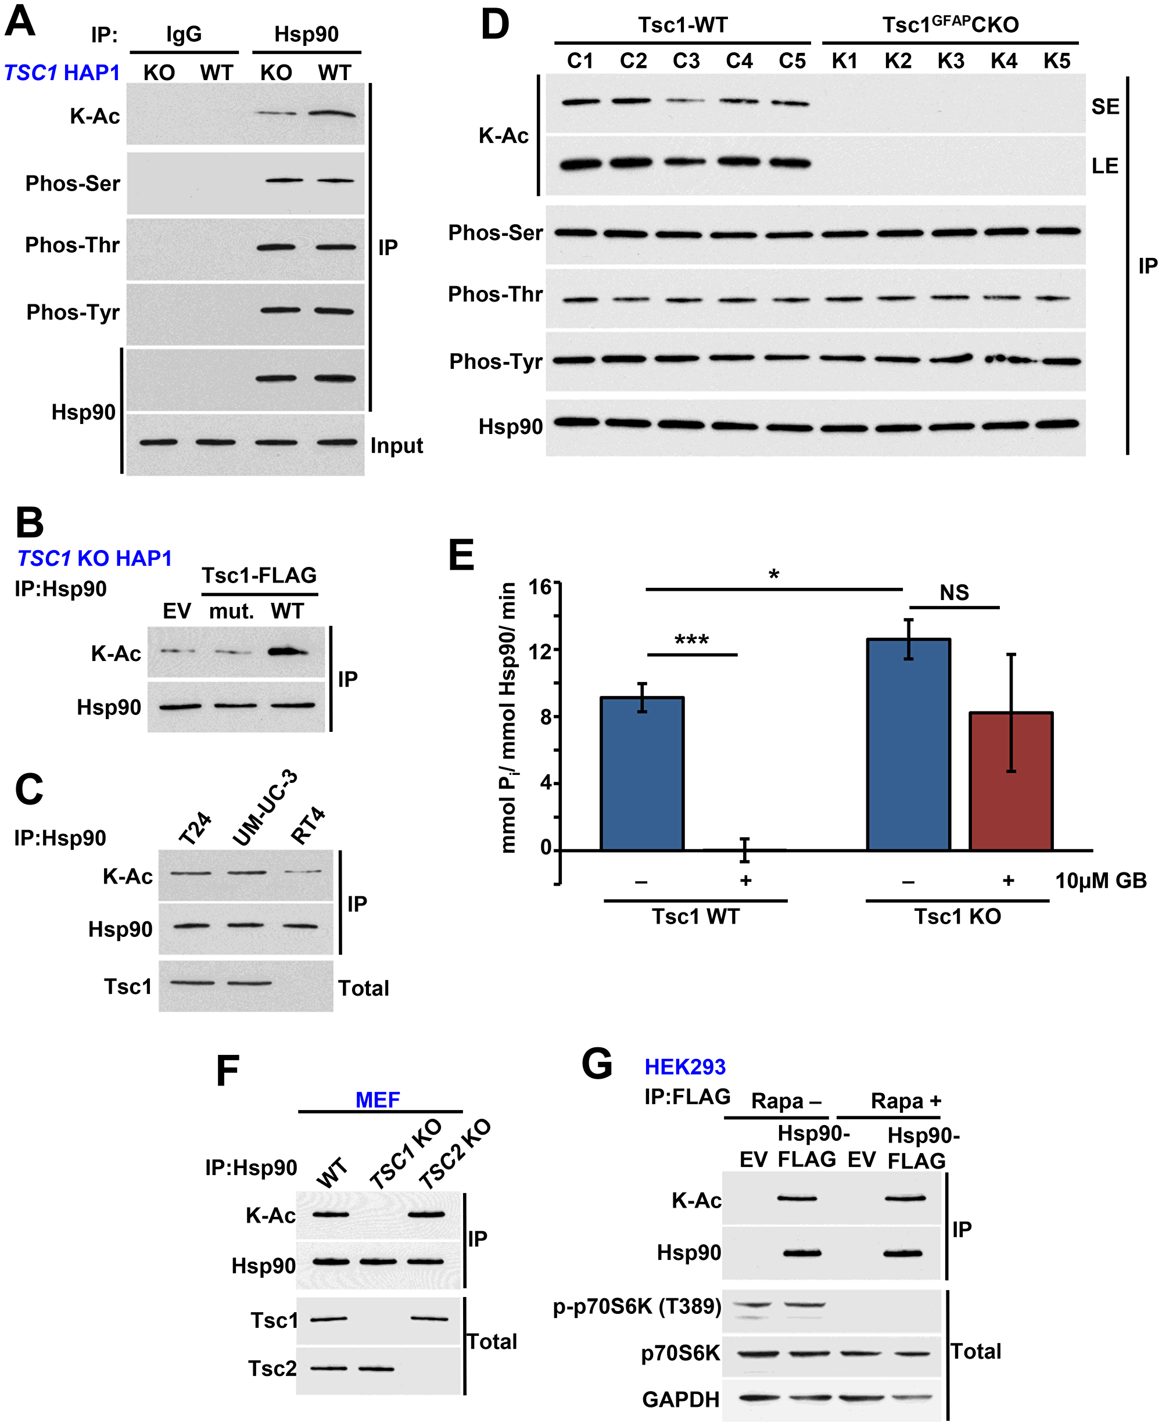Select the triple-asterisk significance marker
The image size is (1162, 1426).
click(x=691, y=641)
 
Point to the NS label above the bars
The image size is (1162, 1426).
click(x=954, y=593)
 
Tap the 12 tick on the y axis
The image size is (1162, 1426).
click(x=540, y=651)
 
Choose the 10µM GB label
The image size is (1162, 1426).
click(x=1100, y=881)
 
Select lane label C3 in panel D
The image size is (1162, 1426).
click(x=686, y=62)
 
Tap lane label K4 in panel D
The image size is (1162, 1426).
click(x=1003, y=62)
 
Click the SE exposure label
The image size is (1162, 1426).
click(x=1105, y=106)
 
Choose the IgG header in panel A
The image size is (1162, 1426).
click(x=184, y=34)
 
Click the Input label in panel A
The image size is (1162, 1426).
click(x=396, y=446)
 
